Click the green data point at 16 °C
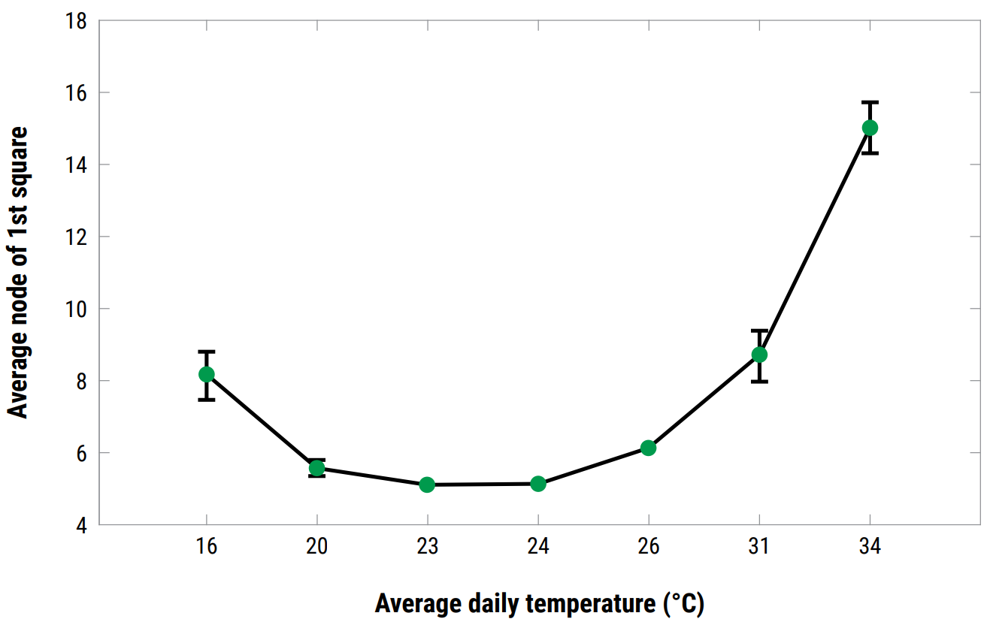(207, 374)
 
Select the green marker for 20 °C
(317, 468)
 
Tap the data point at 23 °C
(427, 485)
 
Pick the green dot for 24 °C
(538, 484)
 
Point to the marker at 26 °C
(649, 448)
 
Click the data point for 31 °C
(759, 354)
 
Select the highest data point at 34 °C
(870, 128)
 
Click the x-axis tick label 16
(207, 546)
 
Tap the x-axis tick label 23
(427, 546)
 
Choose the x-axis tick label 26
(649, 546)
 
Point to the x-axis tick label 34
(870, 546)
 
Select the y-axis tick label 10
(77, 309)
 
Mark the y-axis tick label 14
(77, 165)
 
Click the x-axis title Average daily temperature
(539, 603)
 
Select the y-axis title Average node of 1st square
(18, 273)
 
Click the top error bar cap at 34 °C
(870, 102)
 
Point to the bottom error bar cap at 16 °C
(207, 400)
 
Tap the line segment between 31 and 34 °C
(814, 241)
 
